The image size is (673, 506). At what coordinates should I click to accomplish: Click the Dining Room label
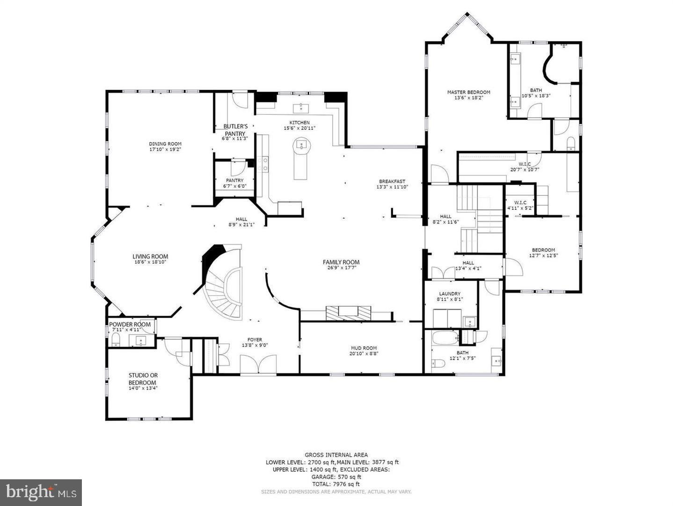pos(165,144)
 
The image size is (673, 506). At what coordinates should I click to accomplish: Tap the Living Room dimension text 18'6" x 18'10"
pos(150,262)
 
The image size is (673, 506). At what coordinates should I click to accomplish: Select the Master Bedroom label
pos(468,92)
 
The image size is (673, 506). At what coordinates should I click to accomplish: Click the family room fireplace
pos(349,313)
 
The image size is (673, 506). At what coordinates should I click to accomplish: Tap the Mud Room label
pos(364,348)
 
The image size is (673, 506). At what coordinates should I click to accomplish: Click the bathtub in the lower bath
pos(445,337)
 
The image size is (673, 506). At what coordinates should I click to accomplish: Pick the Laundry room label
pos(449,294)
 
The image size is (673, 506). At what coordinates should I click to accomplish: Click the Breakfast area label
pos(392,181)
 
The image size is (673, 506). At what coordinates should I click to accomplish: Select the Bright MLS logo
pos(41,492)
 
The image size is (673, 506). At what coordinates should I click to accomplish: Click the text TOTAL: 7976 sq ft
pos(336,484)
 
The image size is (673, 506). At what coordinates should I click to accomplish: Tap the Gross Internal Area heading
pos(336,454)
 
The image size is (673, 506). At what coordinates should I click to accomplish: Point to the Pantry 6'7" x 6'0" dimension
pos(234,186)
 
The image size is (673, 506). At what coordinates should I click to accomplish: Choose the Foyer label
pos(255,340)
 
